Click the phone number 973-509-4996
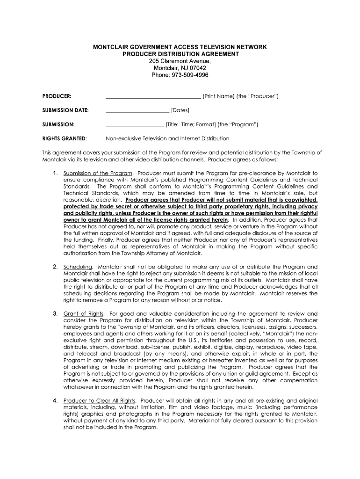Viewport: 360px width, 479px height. click(189, 75)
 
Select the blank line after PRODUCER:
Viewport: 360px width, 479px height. click(153, 97)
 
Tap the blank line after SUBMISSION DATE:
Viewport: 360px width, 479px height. click(137, 111)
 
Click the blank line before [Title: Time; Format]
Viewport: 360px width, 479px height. click(135, 125)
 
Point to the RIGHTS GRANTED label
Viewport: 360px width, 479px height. click(64, 138)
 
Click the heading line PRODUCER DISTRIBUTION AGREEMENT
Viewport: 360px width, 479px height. click(180, 54)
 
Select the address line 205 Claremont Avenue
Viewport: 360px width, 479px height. click(180, 61)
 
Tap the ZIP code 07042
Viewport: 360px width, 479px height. click(198, 68)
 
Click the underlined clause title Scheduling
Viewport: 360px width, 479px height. click(78, 267)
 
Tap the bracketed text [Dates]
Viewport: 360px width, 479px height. click(180, 110)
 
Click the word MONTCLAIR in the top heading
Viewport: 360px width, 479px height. click(112, 47)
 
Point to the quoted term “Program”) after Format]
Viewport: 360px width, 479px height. click(245, 124)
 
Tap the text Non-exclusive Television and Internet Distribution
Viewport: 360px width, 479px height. click(167, 138)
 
